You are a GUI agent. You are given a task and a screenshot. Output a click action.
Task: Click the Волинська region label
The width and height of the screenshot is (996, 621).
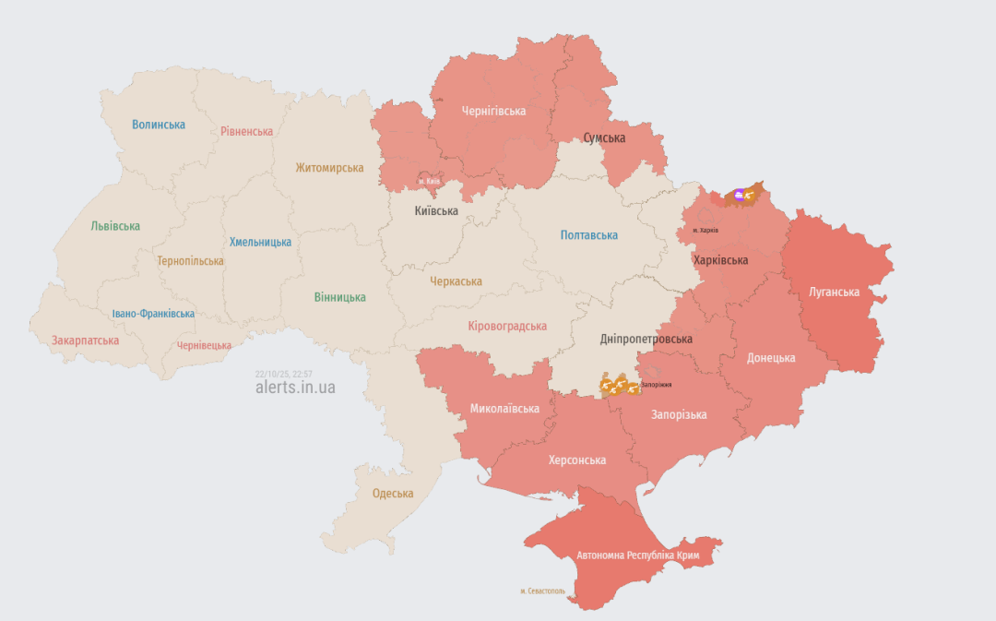159,125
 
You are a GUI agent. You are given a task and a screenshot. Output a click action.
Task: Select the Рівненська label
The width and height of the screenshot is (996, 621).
246,131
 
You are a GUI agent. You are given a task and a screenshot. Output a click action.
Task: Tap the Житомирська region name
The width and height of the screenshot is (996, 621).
329,168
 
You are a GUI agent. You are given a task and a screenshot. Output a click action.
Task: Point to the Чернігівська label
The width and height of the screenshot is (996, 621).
493,111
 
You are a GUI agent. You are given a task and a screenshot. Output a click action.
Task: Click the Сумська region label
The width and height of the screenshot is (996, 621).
604,137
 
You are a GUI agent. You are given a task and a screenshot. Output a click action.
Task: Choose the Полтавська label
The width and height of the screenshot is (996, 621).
589,235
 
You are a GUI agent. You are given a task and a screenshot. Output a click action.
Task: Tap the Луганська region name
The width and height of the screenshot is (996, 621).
834,292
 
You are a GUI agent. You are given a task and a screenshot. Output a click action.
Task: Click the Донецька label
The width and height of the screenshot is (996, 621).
771,358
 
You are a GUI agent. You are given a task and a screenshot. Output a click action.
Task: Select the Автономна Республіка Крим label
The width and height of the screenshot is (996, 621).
638,556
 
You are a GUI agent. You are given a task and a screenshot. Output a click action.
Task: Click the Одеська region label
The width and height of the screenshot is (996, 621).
393,493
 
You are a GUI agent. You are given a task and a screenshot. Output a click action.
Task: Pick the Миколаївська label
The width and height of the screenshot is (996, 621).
504,408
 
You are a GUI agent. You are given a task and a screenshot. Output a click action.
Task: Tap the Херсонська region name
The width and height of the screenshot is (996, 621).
577,460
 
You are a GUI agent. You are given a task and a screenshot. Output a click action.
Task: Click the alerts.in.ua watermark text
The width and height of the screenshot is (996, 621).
295,388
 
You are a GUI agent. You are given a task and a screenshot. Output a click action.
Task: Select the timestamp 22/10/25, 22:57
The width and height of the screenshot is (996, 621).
284,374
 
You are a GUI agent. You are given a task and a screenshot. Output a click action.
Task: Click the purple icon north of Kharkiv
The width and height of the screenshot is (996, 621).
739,195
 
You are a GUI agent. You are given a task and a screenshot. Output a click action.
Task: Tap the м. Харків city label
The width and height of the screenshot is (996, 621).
705,230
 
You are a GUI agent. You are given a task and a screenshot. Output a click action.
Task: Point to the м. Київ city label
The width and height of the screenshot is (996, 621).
429,182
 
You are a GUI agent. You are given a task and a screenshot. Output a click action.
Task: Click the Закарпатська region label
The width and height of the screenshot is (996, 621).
85,340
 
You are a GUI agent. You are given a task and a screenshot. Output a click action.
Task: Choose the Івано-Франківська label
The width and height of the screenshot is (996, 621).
153,314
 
